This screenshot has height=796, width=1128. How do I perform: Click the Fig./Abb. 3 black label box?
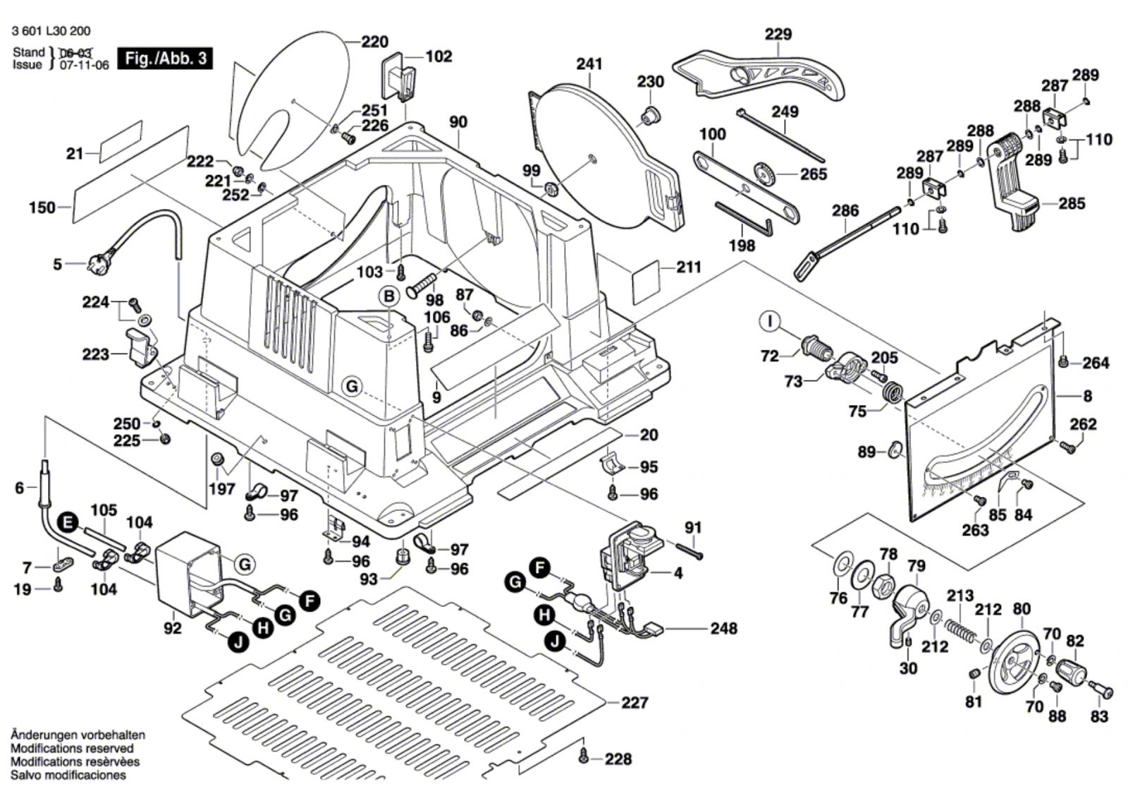pos(166,58)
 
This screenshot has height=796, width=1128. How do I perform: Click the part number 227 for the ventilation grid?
pos(634,702)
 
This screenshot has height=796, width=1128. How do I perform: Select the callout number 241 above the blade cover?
pos(589,64)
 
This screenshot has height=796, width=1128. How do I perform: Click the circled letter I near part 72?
pos(771,322)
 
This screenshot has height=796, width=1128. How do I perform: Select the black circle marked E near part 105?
pos(68,522)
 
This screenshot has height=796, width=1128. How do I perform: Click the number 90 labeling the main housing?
pos(458,122)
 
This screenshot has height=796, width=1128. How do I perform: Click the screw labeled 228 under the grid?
pos(583,758)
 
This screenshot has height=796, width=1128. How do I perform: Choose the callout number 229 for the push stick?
pos(778,35)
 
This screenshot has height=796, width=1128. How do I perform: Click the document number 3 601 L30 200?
pos(51,31)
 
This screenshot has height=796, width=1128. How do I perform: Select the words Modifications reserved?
pos(72,748)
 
